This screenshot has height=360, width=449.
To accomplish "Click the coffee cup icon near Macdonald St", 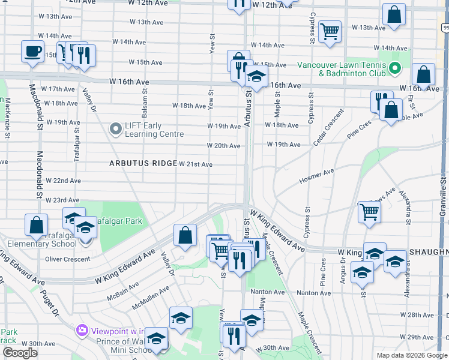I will click(32, 51).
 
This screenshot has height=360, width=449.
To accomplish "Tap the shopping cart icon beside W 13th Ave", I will click(330, 31).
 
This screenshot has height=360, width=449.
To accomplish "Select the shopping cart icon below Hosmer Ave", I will click(369, 211).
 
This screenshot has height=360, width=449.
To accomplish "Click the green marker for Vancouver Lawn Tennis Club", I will click(394, 69).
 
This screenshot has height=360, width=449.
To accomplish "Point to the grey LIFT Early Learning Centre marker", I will click(115, 128).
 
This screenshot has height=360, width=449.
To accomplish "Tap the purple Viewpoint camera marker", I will click(82, 331).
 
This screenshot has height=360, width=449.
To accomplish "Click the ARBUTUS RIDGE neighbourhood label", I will click(143, 163).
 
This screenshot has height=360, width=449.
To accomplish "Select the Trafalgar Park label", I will click(120, 221).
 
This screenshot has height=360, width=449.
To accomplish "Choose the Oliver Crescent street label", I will click(67, 259).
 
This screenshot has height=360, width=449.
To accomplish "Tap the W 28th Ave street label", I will click(420, 315).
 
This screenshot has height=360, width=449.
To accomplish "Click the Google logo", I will click(19, 353).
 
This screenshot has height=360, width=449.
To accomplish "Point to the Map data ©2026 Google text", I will click(411, 355).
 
